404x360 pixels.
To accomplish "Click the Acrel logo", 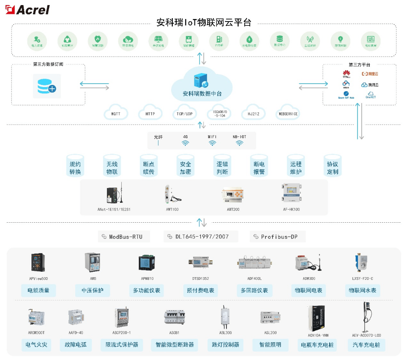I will tap(27, 9).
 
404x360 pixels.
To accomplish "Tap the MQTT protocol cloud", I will tap(115, 114).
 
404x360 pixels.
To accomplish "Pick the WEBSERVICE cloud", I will tap(288, 114).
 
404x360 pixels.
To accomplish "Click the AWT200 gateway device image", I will tap(232, 195).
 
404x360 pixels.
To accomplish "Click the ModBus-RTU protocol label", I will tap(123, 237).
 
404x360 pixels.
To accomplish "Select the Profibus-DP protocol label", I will tap(277, 237).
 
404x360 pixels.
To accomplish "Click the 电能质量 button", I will tap(38, 290).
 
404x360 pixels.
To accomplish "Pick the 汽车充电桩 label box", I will tap(366, 345).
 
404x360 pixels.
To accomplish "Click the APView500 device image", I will tap(38, 262).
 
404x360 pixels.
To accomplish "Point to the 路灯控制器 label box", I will tap(225, 345).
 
